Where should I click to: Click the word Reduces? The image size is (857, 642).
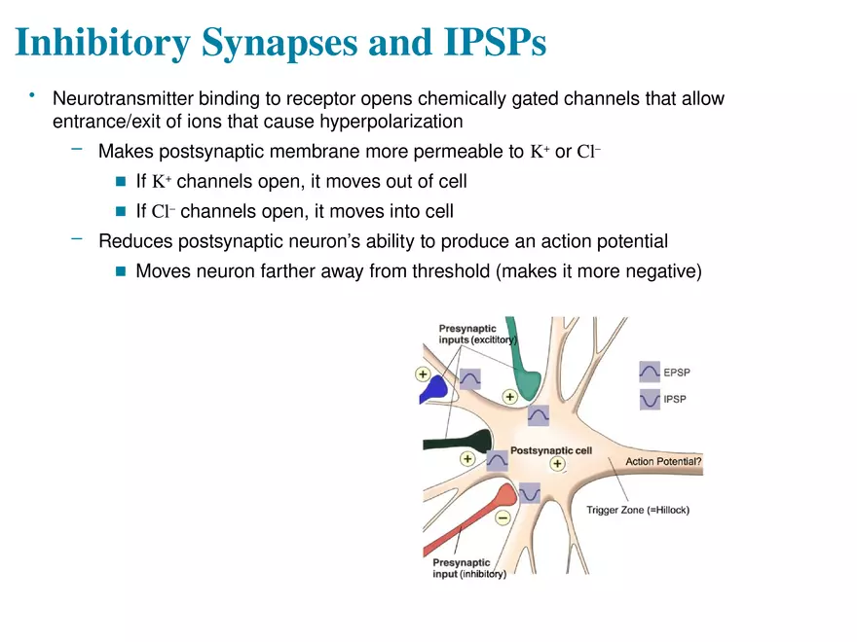tap(132, 241)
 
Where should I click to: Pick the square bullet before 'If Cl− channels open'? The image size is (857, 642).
tap(121, 211)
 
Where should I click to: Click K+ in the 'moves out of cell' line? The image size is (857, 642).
tap(162, 182)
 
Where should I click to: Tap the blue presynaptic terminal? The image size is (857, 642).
tap(433, 390)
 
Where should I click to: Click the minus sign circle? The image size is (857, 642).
tap(503, 517)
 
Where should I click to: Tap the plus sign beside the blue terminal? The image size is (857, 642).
tap(423, 374)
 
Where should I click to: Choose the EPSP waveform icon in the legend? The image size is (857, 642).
tap(649, 372)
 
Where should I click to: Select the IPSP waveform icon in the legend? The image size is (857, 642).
tap(649, 399)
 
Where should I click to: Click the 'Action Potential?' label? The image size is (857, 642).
tap(662, 461)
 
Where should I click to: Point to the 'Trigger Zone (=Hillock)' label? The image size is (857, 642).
tap(637, 510)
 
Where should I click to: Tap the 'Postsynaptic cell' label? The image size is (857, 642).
tap(551, 450)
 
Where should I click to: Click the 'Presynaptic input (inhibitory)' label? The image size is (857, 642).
tap(469, 568)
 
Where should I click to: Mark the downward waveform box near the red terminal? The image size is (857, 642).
tap(529, 493)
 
